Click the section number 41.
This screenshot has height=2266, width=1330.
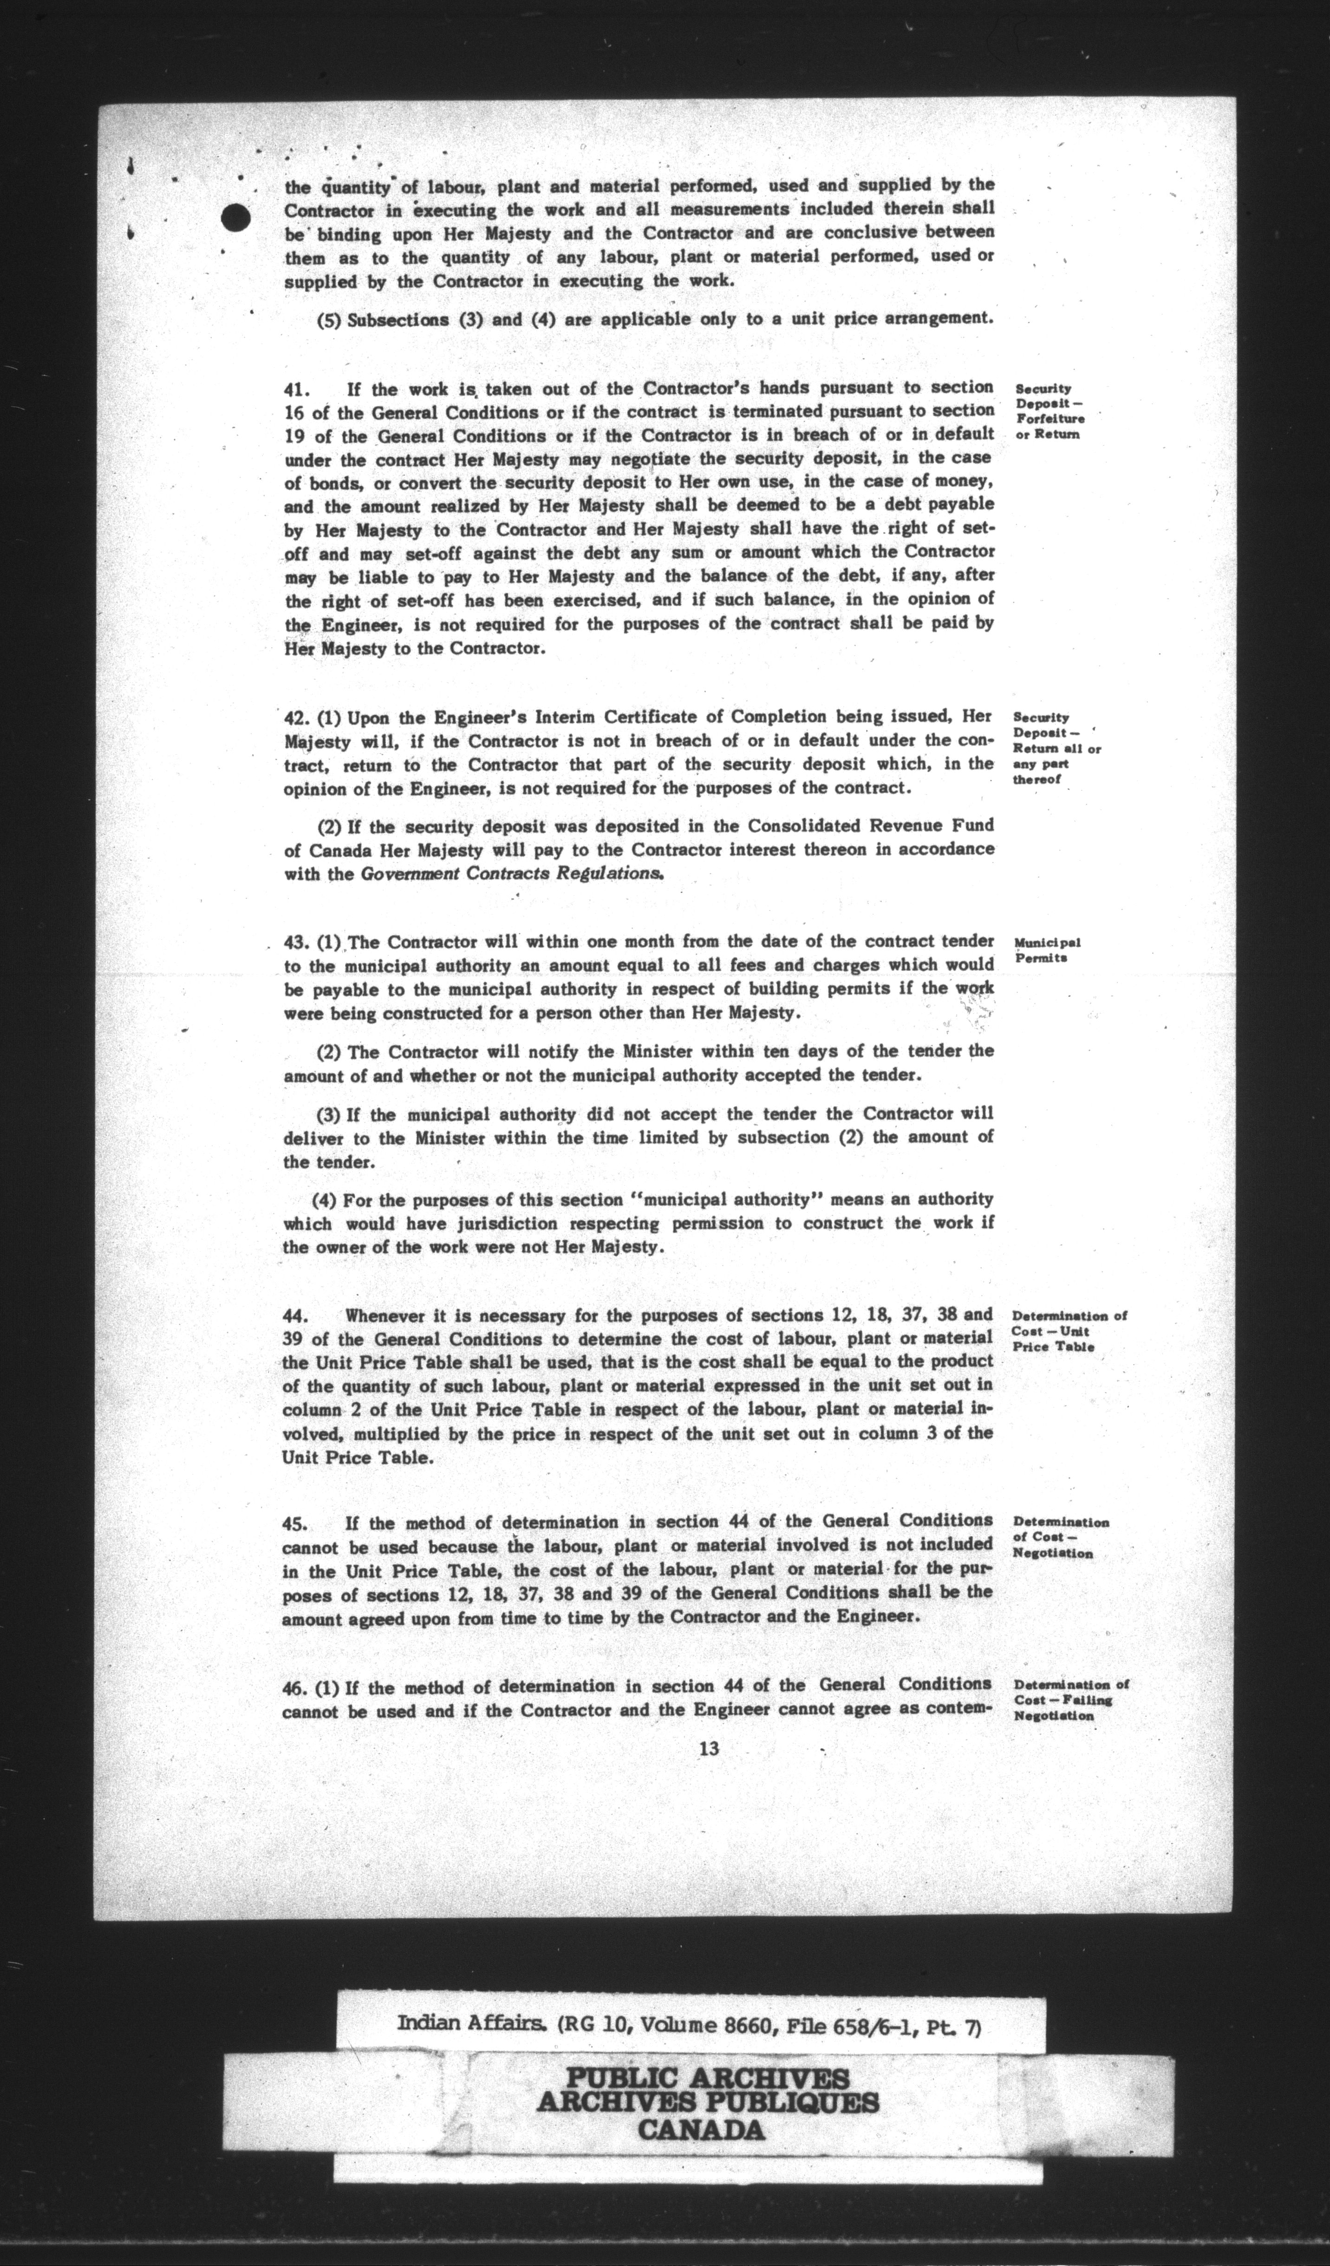pos(297,390)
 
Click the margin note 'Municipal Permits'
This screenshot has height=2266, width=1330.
pos(1047,951)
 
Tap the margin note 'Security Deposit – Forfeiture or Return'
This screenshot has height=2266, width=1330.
pos(1049,412)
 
